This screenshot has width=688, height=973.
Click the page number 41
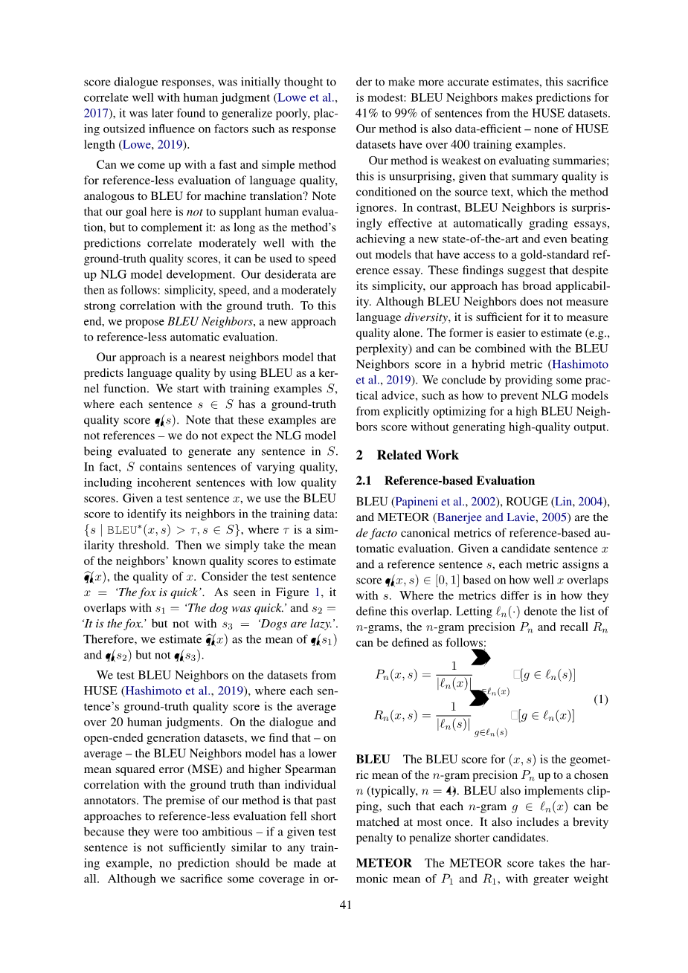pyautogui.click(x=345, y=905)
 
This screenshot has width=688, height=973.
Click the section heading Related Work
pyautogui.click(x=417, y=455)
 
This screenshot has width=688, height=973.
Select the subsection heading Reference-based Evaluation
pyautogui.click(x=460, y=480)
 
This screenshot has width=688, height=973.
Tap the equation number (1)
pyautogui.click(x=601, y=699)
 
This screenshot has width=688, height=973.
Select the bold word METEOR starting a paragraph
pyautogui.click(x=384, y=863)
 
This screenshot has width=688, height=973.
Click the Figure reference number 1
pyautogui.click(x=318, y=592)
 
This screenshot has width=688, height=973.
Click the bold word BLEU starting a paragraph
pyautogui.click(x=373, y=759)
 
